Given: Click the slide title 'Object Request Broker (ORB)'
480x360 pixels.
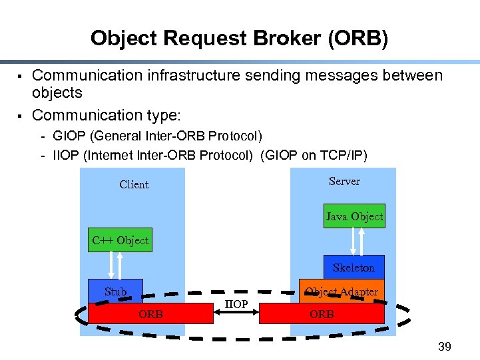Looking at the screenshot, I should click(239, 38).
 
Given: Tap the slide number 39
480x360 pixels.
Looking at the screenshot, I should click(444, 346).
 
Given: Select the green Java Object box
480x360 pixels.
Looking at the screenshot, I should click(354, 216).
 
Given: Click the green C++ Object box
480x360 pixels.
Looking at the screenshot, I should click(120, 240).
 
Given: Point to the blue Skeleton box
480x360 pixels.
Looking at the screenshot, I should click(354, 267).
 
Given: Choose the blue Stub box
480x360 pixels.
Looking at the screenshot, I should click(115, 291).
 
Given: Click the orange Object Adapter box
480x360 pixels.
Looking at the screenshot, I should click(341, 291).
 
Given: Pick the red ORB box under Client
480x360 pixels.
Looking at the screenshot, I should click(150, 313).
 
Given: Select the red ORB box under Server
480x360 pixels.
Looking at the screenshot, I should click(322, 313).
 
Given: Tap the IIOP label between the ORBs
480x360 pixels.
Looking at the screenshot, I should click(236, 304).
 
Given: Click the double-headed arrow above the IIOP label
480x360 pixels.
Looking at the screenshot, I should click(236, 291).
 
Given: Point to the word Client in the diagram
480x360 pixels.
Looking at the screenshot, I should click(134, 184).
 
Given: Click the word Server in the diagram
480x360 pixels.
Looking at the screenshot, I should click(344, 181).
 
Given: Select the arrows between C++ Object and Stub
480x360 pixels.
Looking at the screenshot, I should click(117, 265).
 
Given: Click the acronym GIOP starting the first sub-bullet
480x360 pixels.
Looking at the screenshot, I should click(69, 136).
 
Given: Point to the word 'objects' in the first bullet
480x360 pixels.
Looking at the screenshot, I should click(57, 92).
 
